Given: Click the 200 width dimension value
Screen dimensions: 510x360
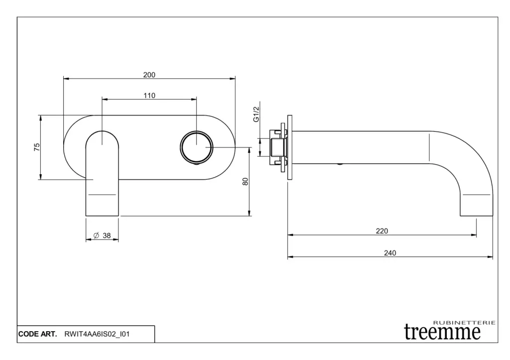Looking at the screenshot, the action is pos(149,75).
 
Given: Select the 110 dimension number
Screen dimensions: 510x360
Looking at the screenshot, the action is pos(149,96).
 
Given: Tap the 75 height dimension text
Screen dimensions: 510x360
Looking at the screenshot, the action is pos(37,147).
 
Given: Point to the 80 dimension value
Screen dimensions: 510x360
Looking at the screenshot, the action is pos(246,181).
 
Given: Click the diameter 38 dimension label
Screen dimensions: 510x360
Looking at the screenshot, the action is pos(102,236).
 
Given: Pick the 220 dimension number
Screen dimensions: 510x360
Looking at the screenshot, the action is pos(382,231).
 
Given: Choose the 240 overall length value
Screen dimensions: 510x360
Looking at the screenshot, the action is pos(390,253).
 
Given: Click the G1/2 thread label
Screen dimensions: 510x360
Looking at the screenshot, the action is pos(256,114).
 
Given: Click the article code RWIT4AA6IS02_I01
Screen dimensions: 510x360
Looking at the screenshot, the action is pos(97,334).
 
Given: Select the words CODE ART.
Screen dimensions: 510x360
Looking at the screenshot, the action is pos(37,334).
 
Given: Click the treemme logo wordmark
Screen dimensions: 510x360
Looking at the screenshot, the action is pos(442,332).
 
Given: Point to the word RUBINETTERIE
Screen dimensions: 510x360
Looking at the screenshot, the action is pos(465,323).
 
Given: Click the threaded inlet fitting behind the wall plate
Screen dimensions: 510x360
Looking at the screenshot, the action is pos(277,147).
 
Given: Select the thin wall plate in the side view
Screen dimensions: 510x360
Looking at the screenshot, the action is pos(290,147).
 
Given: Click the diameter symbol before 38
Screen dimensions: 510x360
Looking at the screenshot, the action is pos(96,236).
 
